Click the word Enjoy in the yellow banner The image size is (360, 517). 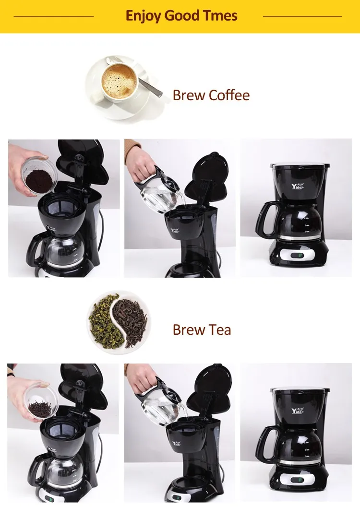point(144,16)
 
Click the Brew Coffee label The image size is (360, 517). point(211,95)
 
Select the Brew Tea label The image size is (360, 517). point(202,330)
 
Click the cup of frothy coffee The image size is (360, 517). point(119,82)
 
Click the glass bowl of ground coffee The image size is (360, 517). point(38,176)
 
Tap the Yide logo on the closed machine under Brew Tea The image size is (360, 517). point(298,411)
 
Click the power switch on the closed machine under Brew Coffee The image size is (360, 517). point(297,255)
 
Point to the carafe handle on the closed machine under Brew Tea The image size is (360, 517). point(266,444)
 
